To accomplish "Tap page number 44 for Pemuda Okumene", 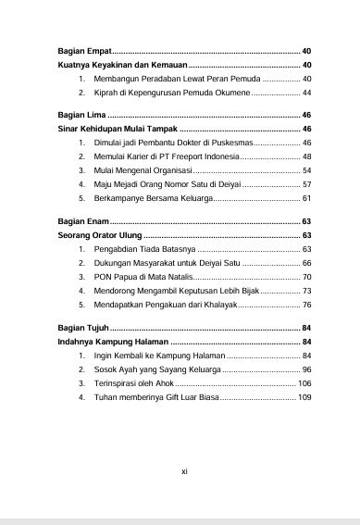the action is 306,94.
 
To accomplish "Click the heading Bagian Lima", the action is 74,114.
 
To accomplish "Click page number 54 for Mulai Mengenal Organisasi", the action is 306,171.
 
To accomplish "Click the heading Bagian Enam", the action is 77,222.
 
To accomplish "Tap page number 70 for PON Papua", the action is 306,278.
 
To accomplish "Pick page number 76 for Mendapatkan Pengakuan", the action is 306,305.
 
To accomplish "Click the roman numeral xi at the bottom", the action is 183,470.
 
